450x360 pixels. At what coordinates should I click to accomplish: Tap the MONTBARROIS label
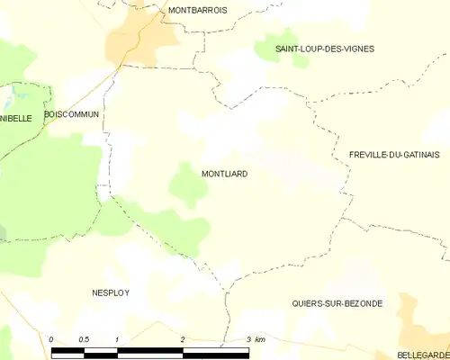[x=197, y=10]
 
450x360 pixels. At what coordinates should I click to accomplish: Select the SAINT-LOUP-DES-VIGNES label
[x=312, y=49]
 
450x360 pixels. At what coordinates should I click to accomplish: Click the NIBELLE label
[x=16, y=118]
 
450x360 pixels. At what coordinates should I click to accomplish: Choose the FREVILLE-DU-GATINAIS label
[x=393, y=156]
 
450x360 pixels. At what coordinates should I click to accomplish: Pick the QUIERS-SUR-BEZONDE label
[x=337, y=304]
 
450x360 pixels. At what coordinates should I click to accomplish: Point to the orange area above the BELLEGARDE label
[x=419, y=319]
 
